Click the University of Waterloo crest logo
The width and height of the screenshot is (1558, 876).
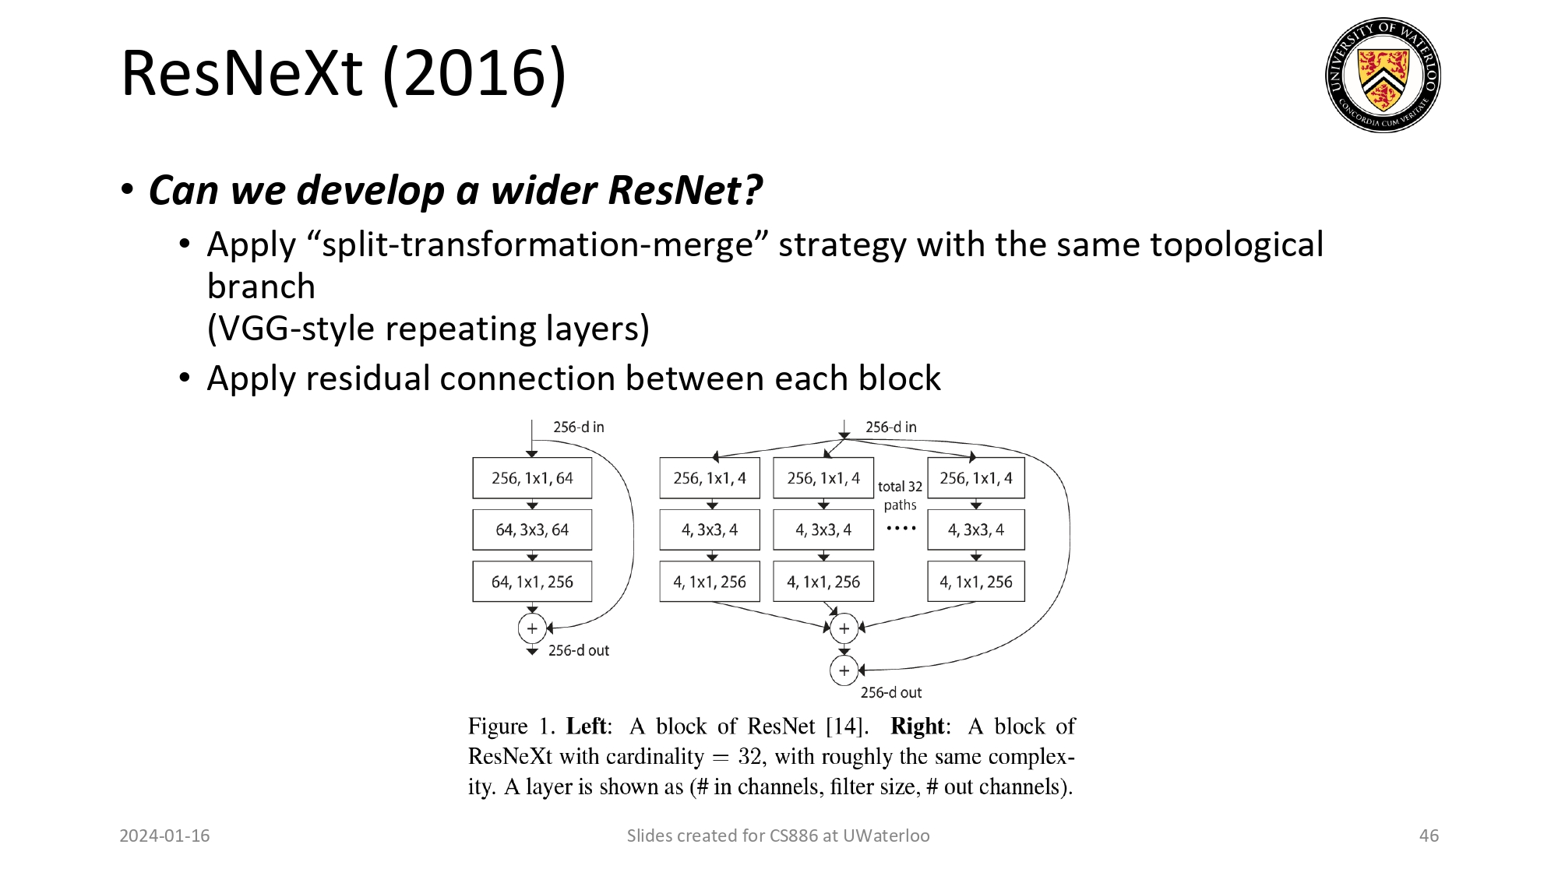pos(1383,75)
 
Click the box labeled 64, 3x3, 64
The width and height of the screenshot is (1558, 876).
pos(532,529)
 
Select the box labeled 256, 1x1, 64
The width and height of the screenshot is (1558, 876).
pos(532,478)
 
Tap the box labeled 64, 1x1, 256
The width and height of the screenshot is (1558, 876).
pos(532,582)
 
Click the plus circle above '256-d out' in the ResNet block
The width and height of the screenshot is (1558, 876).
pos(532,628)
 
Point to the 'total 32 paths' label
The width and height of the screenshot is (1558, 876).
pos(900,495)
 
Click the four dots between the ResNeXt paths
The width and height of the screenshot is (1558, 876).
pos(901,528)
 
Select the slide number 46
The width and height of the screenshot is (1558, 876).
pos(1429,836)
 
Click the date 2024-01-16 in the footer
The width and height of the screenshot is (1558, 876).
pos(164,836)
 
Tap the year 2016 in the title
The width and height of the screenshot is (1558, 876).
pos(474,73)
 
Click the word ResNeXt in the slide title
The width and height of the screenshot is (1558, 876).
pos(242,73)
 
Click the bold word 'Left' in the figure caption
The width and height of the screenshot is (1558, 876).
pos(586,726)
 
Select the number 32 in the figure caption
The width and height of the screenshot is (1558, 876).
pos(749,756)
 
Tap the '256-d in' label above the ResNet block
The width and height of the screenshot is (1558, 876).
pos(579,427)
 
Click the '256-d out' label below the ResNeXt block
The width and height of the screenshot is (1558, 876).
pos(890,692)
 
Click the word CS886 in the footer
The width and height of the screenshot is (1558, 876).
pos(794,836)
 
